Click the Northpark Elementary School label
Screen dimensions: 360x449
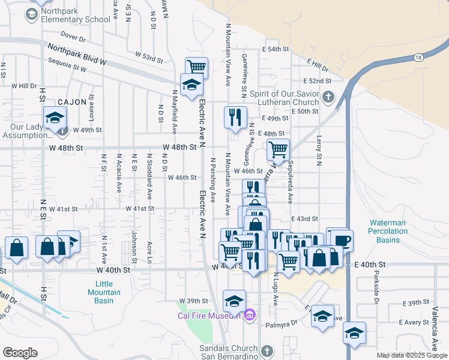(x=76, y=19)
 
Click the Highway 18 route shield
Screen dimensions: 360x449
(x=418, y=57)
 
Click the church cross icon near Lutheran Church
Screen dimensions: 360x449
(x=328, y=97)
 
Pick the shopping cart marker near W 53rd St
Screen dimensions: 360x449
(x=196, y=66)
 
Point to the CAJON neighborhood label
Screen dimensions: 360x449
(x=73, y=103)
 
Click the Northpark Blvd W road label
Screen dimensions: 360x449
(x=77, y=55)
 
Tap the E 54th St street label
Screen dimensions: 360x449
(x=277, y=49)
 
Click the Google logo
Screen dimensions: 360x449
(x=20, y=352)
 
